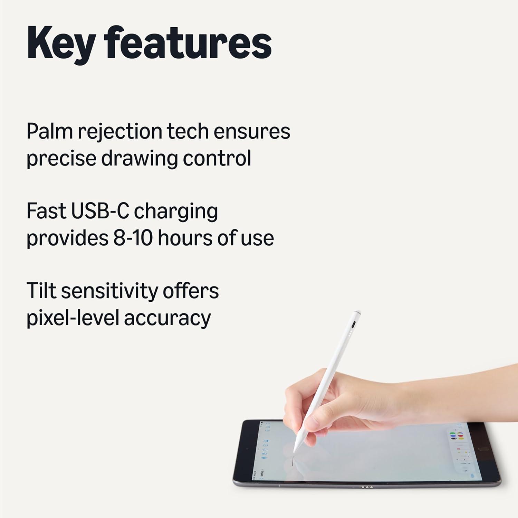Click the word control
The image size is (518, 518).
coord(217,158)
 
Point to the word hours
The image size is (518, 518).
coord(184,238)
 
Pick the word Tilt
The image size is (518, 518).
coord(41,291)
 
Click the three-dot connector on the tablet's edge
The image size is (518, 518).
coord(367,487)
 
